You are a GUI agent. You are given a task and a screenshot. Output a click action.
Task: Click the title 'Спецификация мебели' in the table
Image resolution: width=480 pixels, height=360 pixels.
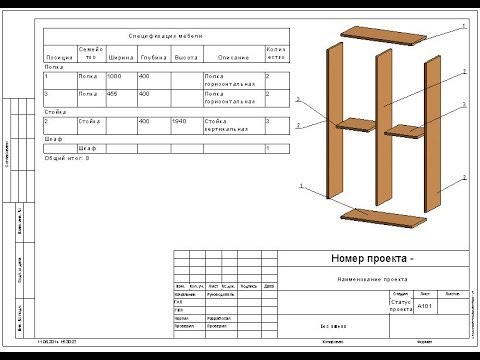(x=165, y=33)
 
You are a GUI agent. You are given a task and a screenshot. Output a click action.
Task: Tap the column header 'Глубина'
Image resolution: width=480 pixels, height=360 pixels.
(x=152, y=56)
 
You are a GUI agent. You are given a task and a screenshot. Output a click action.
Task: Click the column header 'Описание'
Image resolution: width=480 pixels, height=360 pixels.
(x=232, y=56)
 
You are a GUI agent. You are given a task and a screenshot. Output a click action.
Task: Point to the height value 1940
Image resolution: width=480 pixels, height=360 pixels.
(x=179, y=121)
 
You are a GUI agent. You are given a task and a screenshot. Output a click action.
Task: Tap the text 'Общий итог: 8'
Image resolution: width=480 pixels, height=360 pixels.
(x=68, y=158)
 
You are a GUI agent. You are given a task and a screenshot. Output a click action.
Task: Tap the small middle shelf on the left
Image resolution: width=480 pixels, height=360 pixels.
(x=355, y=124)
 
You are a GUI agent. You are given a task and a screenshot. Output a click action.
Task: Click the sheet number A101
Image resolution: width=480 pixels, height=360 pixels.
(x=424, y=307)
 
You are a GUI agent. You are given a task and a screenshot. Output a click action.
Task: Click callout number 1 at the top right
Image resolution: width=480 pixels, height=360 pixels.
(x=466, y=23)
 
